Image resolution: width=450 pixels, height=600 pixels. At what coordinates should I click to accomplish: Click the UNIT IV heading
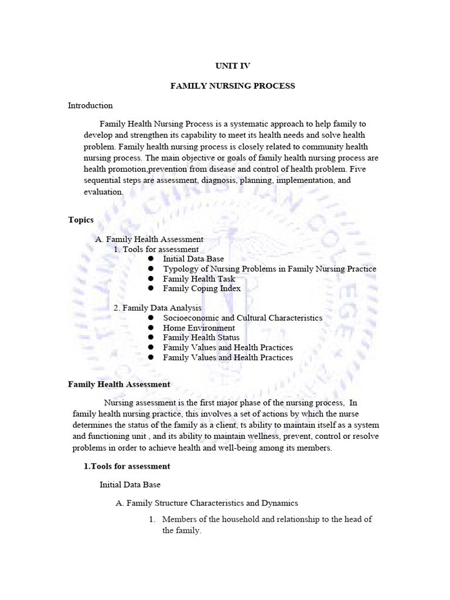(x=233, y=66)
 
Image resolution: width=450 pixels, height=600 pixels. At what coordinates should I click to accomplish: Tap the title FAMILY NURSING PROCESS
(x=233, y=86)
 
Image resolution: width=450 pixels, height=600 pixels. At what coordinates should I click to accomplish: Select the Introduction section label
(x=90, y=105)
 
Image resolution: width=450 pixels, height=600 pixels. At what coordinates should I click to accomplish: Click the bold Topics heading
(x=81, y=220)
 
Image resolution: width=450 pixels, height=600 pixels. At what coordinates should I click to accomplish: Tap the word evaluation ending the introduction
(x=103, y=192)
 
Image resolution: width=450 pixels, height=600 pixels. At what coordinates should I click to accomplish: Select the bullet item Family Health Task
(x=199, y=279)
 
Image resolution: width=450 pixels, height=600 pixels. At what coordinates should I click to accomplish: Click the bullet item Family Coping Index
(x=202, y=288)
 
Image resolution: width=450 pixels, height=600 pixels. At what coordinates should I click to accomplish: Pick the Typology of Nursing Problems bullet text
(x=270, y=269)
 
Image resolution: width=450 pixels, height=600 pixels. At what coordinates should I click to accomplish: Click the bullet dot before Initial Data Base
(x=151, y=259)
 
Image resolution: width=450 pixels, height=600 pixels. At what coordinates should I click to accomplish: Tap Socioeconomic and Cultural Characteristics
(x=243, y=318)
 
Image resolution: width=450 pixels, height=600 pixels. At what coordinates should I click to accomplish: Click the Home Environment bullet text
(x=199, y=328)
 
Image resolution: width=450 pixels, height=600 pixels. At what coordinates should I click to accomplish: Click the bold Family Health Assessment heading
(x=119, y=384)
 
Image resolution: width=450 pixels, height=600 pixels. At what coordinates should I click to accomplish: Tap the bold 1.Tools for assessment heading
(x=127, y=466)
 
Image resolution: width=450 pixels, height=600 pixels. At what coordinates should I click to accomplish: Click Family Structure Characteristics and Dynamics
(x=207, y=503)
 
